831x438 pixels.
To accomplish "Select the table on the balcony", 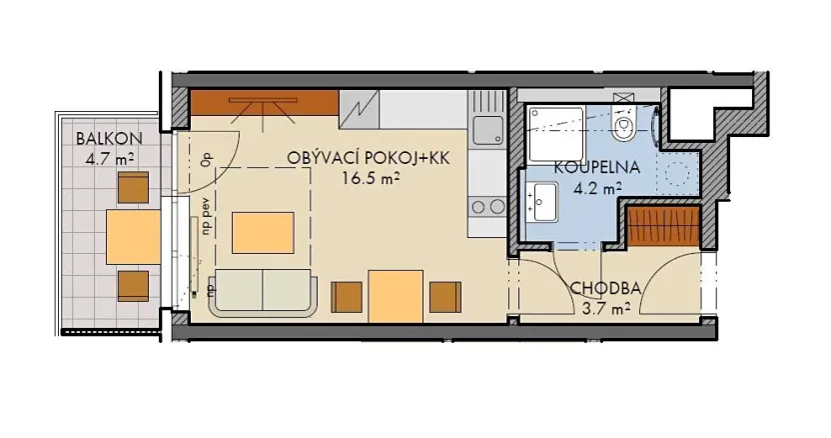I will (x=133, y=236).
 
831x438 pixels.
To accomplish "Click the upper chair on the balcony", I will (x=133, y=187).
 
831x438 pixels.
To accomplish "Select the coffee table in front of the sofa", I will (x=264, y=233).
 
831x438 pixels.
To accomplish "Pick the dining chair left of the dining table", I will (x=346, y=297).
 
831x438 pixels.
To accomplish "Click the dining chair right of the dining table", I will (x=444, y=297).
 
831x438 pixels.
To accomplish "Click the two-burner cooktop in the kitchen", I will (x=486, y=207).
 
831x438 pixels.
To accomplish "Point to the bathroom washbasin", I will (x=544, y=202).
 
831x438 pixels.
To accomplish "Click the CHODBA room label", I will (x=604, y=290).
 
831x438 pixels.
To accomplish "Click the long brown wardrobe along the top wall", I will (x=265, y=102).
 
